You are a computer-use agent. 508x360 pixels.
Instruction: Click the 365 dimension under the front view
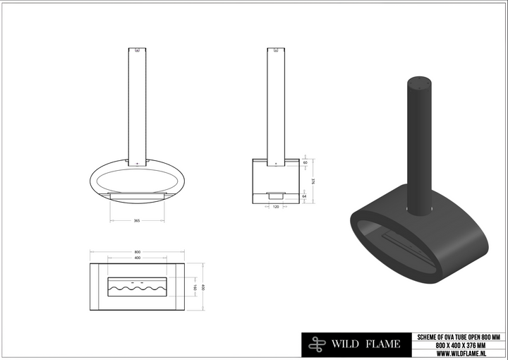pyautogui.click(x=137, y=221)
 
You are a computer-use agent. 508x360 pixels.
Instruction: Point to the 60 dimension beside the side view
pyautogui.click(x=304, y=162)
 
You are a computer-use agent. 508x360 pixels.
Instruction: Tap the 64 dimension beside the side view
pyautogui.click(x=304, y=197)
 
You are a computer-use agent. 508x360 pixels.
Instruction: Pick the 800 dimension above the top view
pyautogui.click(x=137, y=252)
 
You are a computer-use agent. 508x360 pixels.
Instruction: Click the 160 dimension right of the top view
pyautogui.click(x=194, y=288)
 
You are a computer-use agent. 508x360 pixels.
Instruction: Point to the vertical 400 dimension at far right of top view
pyautogui.click(x=203, y=288)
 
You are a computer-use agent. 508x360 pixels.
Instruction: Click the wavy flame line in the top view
pyautogui.click(x=137, y=288)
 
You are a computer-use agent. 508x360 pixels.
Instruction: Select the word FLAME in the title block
pyautogui.click(x=383, y=344)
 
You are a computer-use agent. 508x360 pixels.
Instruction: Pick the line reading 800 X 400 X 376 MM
pyautogui.click(x=459, y=344)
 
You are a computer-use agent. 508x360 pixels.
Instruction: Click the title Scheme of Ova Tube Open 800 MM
pyautogui.click(x=459, y=337)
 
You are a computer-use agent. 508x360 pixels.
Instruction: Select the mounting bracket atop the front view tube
pyautogui.click(x=137, y=51)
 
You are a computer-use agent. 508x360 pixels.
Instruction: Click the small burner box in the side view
pyautogui.click(x=276, y=194)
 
